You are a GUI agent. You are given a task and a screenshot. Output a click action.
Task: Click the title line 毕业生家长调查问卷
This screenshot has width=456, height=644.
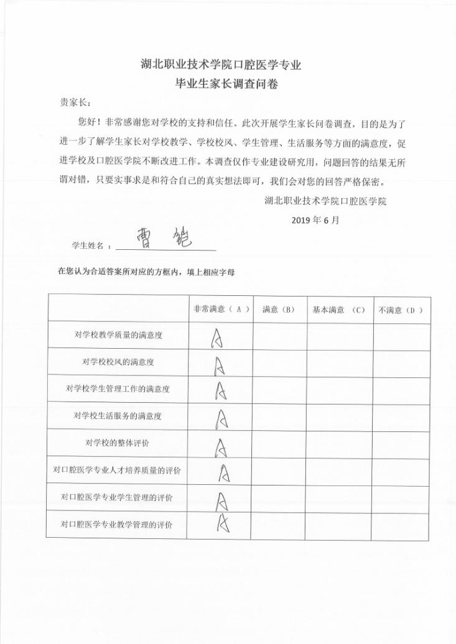(227, 85)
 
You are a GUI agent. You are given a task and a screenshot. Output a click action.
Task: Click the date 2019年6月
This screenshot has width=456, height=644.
(315, 220)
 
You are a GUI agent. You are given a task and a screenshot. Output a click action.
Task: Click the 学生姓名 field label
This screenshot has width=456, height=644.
(90, 246)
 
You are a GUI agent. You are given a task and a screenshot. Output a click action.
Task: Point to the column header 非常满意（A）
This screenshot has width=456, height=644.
(220, 310)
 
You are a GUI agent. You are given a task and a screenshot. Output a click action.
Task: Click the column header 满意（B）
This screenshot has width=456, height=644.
(279, 310)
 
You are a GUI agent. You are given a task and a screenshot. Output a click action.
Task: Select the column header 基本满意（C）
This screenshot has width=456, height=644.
(339, 310)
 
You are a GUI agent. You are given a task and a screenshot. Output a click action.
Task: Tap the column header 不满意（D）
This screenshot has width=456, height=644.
(401, 310)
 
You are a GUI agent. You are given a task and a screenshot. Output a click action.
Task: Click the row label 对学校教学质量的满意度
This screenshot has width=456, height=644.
(118, 336)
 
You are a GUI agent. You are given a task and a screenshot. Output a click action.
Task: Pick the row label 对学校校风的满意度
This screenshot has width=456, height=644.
(118, 362)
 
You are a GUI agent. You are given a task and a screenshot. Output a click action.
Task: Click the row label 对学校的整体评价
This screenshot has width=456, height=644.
(118, 443)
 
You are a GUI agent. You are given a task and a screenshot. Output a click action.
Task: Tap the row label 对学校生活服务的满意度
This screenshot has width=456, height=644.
(118, 415)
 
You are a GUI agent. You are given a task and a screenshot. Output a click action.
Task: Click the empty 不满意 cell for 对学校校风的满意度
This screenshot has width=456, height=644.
(401, 363)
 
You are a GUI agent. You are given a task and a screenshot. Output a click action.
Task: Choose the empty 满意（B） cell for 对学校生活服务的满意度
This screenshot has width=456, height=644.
(279, 415)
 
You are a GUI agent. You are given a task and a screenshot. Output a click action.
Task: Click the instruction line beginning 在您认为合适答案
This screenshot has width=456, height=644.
(146, 272)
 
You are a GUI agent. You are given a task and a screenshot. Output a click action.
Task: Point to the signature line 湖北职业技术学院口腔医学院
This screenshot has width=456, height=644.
(325, 201)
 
